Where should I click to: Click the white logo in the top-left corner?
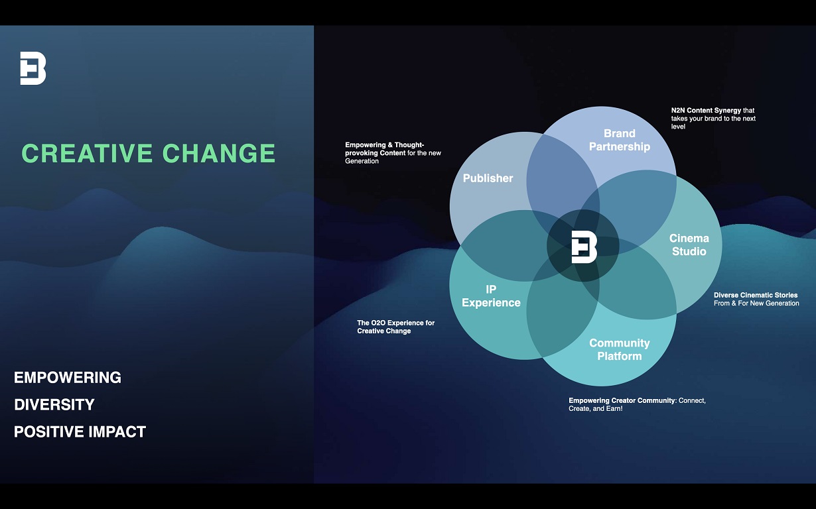coord(33,68)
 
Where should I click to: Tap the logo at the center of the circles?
coord(584,247)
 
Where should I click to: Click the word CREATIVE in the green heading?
coord(87,153)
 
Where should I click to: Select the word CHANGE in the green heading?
coord(218,153)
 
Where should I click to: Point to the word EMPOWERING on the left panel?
coord(68,378)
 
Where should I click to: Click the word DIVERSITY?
coord(54,404)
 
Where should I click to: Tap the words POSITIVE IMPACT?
coord(80,432)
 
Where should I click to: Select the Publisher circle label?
coord(488,178)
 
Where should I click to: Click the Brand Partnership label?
coord(619,140)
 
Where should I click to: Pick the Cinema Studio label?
coord(689,245)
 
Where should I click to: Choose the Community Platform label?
coord(619,350)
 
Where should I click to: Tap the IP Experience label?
coord(491,296)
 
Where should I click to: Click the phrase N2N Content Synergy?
coord(706,110)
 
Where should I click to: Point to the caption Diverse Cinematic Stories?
coord(756,295)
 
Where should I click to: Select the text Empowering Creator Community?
coord(622,400)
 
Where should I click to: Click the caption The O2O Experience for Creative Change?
coord(395,327)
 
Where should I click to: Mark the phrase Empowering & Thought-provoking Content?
coord(384,149)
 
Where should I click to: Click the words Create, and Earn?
coord(596,408)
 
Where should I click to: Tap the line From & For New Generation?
coord(756,303)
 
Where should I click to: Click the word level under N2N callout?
coord(678,127)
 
